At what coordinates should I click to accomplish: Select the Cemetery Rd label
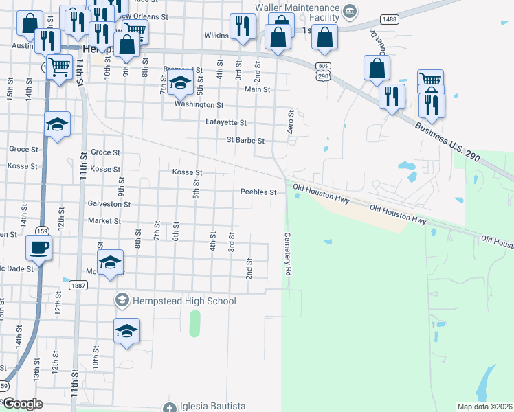[x=287, y=254]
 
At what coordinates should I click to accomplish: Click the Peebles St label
[x=258, y=192]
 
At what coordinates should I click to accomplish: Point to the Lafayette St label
[x=225, y=122]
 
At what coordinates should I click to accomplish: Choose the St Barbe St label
[x=245, y=141]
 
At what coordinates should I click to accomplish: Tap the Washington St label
[x=199, y=105]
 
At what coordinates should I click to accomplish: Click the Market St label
[x=104, y=221]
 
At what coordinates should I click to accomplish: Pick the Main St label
[x=258, y=89]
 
